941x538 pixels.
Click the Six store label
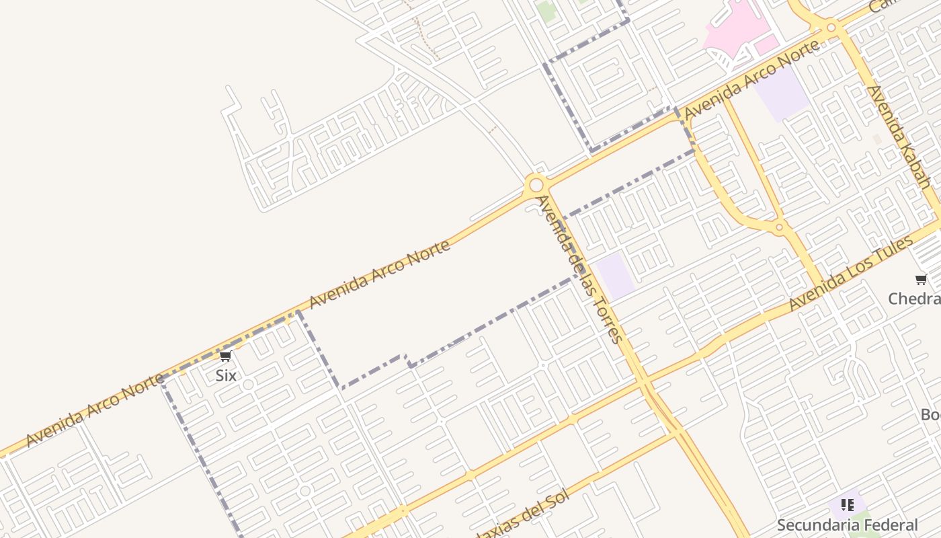coord(226,375)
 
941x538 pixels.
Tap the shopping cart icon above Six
coord(226,356)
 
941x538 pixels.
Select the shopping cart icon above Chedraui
coord(921,279)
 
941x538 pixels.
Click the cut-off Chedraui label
coord(915,298)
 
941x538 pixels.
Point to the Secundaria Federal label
coord(848,525)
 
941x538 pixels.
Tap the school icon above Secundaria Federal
coord(847,504)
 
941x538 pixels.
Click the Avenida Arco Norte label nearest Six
coord(95,410)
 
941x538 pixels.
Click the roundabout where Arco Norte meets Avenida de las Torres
coord(536,184)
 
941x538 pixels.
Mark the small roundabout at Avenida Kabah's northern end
coord(831,28)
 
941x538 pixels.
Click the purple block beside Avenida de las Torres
coord(616,276)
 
